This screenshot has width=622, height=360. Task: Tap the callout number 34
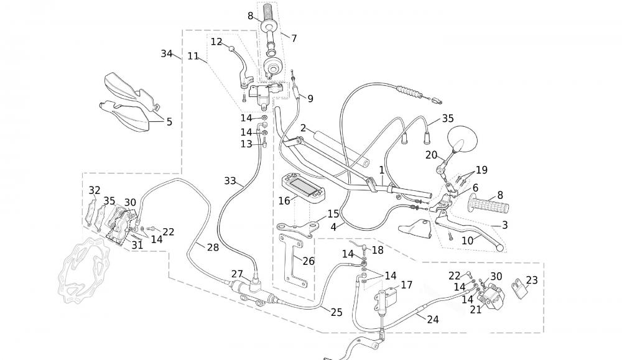point(167,54)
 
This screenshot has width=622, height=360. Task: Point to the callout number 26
point(309,261)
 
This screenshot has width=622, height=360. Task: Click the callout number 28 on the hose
point(213,247)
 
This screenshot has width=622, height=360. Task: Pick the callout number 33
point(230,181)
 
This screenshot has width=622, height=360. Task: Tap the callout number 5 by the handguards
point(169,122)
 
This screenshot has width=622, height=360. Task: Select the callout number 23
point(532,280)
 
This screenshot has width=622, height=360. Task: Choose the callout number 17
point(407,285)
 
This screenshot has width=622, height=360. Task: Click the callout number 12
point(216,42)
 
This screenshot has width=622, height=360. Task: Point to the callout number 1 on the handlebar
point(382,170)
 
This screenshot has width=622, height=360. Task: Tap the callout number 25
point(337,313)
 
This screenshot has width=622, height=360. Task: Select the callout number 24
point(433,320)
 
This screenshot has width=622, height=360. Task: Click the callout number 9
point(310,98)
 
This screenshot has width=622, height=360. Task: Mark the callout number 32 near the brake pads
point(95,190)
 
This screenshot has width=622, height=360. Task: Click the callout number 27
point(237,274)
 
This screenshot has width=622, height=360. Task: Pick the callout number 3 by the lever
point(504,225)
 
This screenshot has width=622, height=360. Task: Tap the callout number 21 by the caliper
point(476,309)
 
